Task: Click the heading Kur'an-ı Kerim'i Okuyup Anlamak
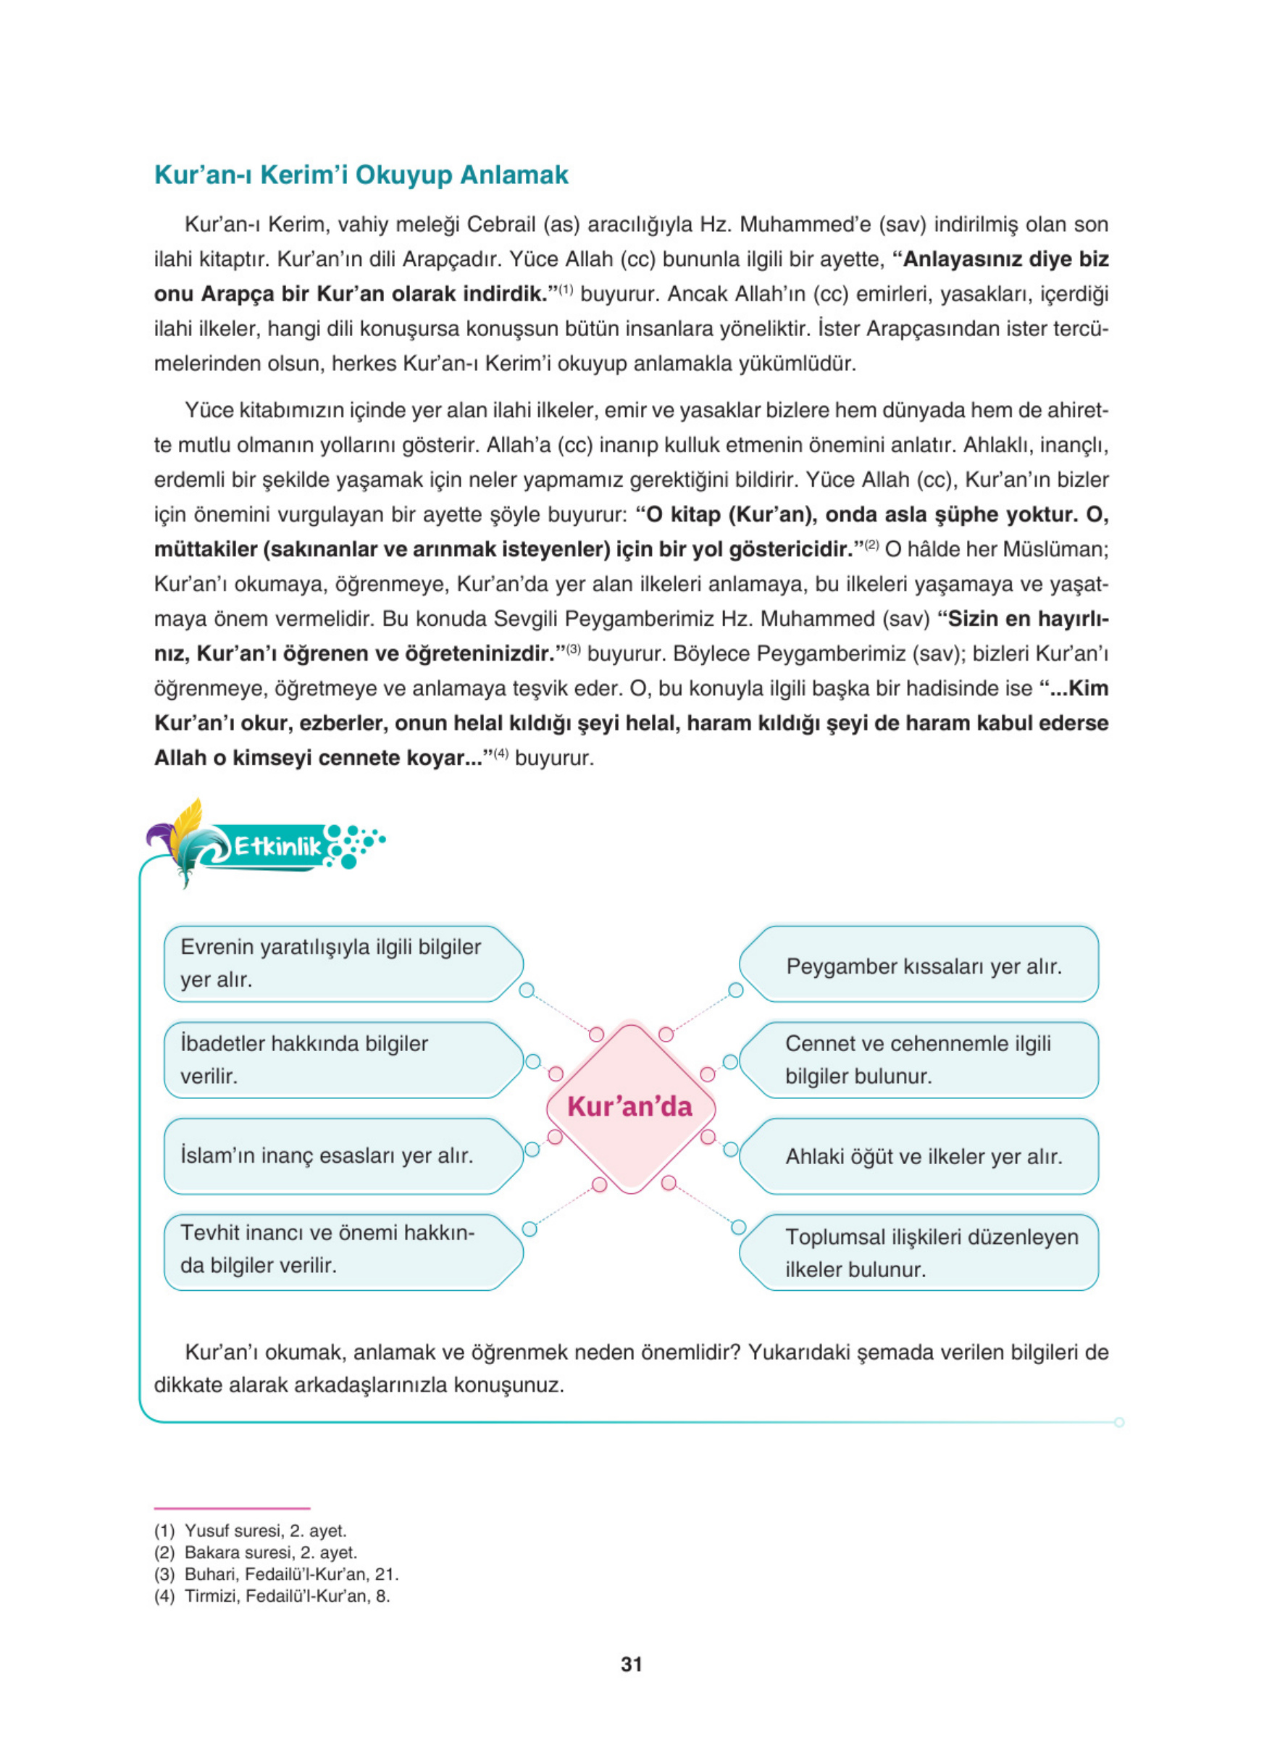tap(361, 175)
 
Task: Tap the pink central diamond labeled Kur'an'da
tap(630, 1106)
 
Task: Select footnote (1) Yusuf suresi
tap(249, 1530)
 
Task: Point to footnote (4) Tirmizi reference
tap(271, 1596)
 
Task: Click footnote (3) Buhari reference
tap(275, 1574)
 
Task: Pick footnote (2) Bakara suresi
tap(255, 1552)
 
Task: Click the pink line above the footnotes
tap(232, 1508)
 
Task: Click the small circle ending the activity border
tap(1118, 1422)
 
